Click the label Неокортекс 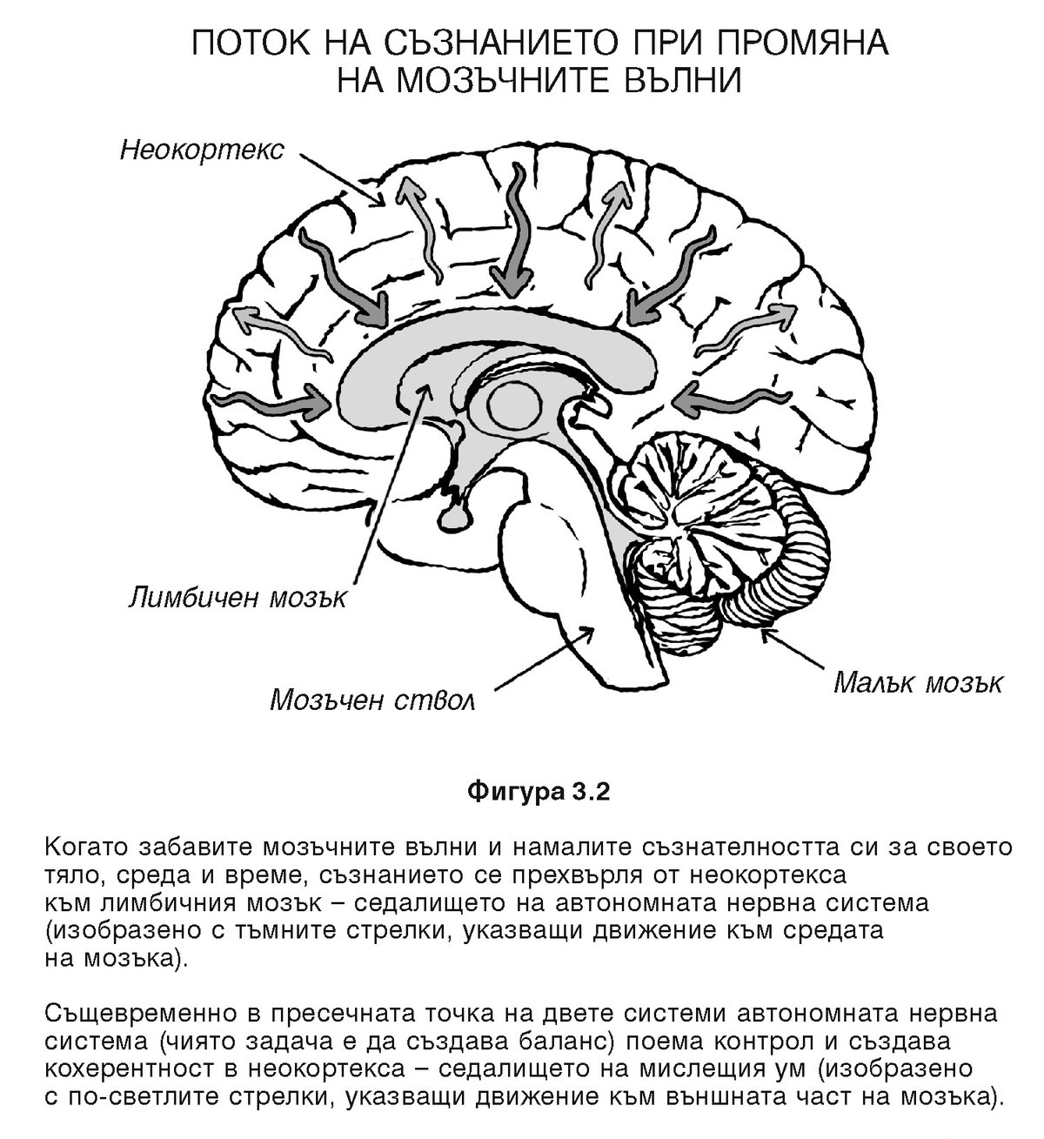(x=202, y=151)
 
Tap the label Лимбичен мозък (x=238, y=598)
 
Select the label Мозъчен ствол (x=372, y=700)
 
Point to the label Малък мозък (x=917, y=681)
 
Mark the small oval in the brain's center (x=513, y=403)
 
